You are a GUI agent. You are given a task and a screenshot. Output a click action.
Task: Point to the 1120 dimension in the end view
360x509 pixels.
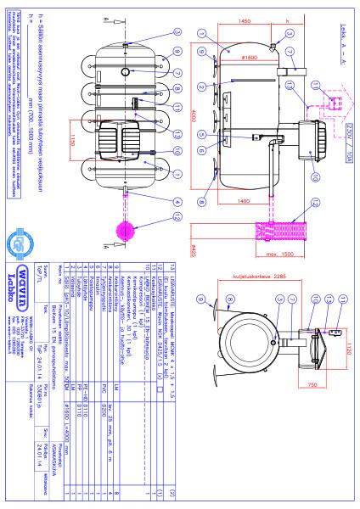(350, 329)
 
